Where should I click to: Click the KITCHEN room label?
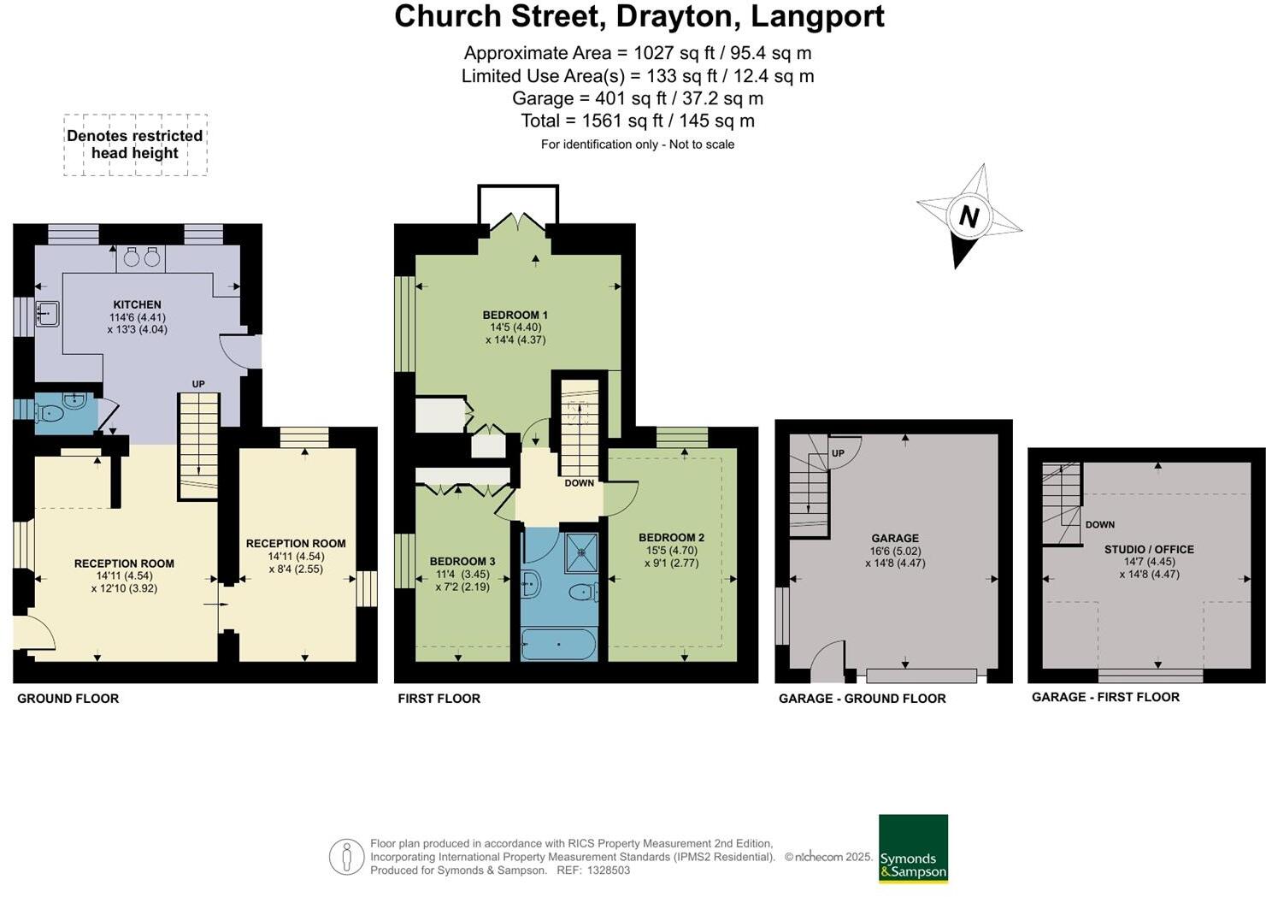click(137, 304)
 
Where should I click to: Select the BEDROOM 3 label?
click(462, 562)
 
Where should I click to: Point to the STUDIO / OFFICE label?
click(1148, 549)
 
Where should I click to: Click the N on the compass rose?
click(968, 216)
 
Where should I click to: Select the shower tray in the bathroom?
click(581, 552)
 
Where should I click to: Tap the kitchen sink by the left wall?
click(47, 314)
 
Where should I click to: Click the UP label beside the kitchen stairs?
click(198, 384)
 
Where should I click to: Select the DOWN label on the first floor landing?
click(579, 483)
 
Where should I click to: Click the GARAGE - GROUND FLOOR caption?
click(862, 699)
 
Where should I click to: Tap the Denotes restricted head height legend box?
click(135, 145)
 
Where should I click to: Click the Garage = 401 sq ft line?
click(637, 98)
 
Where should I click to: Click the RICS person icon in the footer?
click(346, 857)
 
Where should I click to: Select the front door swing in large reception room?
click(34, 633)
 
